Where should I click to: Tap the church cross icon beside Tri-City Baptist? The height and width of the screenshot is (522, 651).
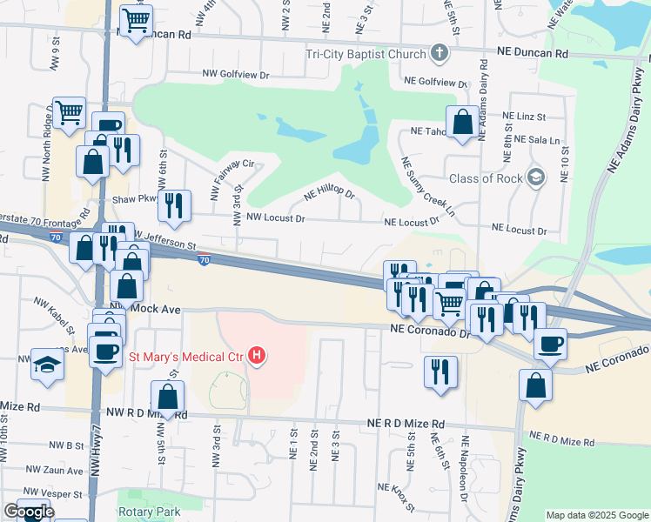click(440, 54)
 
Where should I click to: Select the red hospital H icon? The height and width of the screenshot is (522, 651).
click(257, 355)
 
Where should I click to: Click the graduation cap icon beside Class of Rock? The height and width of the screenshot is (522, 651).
click(535, 178)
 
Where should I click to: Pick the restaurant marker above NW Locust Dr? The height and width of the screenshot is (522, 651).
click(177, 205)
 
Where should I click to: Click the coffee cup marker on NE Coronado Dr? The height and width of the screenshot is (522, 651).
click(550, 343)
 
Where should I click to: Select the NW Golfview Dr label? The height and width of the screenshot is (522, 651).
click(237, 75)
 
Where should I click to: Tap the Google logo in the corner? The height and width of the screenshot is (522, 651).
click(28, 512)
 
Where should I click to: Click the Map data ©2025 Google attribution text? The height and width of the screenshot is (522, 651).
click(596, 515)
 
